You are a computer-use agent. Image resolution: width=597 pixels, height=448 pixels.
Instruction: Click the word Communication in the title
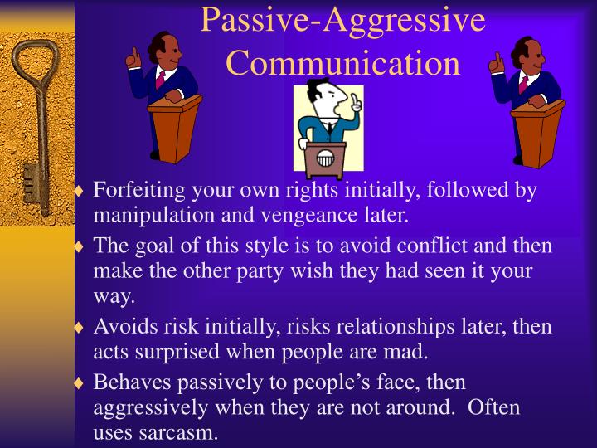342,63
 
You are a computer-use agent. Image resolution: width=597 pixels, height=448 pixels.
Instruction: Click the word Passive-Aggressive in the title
342,20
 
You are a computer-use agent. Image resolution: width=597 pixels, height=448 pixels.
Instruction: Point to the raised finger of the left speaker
133,56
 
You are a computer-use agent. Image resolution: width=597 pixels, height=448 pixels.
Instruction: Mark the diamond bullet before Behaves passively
80,384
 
